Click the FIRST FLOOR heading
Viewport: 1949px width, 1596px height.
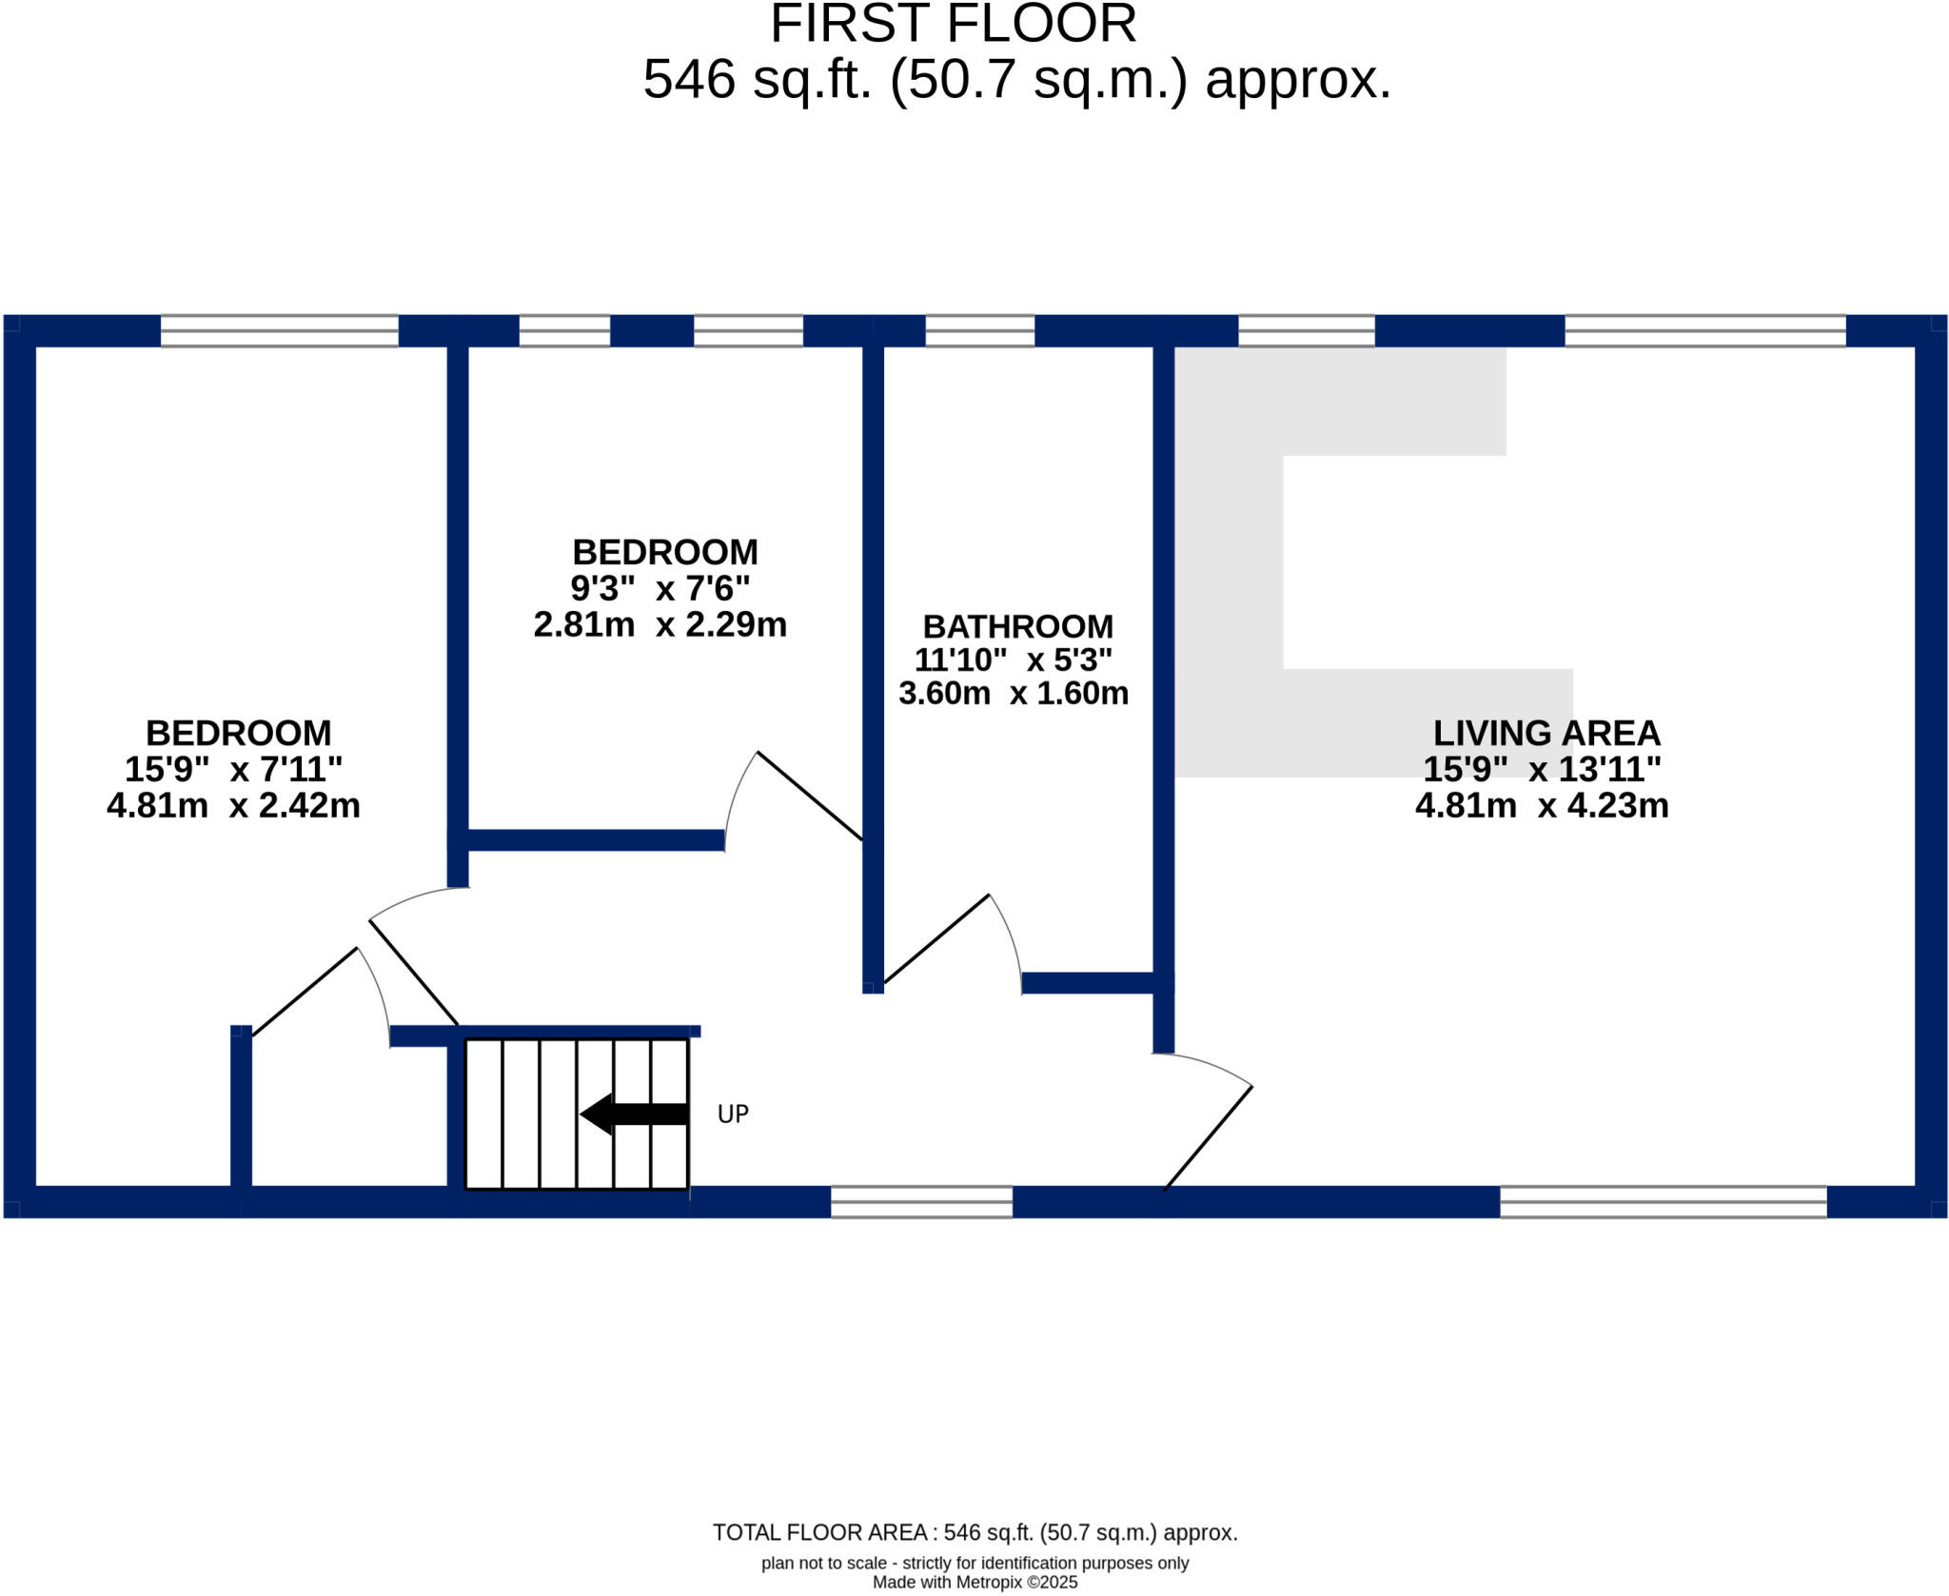[x=953, y=24]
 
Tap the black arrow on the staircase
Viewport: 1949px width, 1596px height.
[x=633, y=1113]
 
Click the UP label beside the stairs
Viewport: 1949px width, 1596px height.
[x=733, y=1113]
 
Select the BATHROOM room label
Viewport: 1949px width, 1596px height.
[x=1017, y=626]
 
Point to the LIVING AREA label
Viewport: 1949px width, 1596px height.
[x=1546, y=733]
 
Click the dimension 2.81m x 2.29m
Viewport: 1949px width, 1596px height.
[x=660, y=625]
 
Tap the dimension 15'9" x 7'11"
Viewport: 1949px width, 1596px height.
[x=233, y=769]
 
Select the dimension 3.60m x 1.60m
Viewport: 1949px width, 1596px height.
[x=1014, y=693]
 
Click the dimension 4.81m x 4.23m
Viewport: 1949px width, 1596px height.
[x=1542, y=806]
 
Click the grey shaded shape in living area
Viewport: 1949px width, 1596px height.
[x=1228, y=571]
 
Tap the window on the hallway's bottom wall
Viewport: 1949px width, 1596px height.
[x=921, y=1202]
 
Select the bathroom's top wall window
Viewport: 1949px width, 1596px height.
[x=979, y=331]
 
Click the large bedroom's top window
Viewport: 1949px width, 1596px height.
[x=279, y=331]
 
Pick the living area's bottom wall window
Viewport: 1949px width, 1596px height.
[x=1663, y=1202]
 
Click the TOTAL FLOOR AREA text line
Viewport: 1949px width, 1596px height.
[x=974, y=1532]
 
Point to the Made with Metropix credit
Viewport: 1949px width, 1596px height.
[x=974, y=1583]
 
